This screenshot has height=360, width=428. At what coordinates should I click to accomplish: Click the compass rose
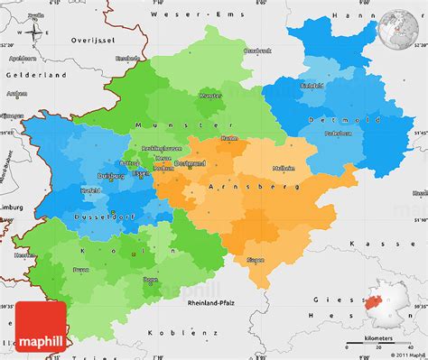click(x=34, y=33)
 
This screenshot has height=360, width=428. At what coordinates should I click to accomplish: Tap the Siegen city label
click(x=256, y=260)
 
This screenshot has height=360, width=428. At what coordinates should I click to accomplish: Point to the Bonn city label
click(x=150, y=280)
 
